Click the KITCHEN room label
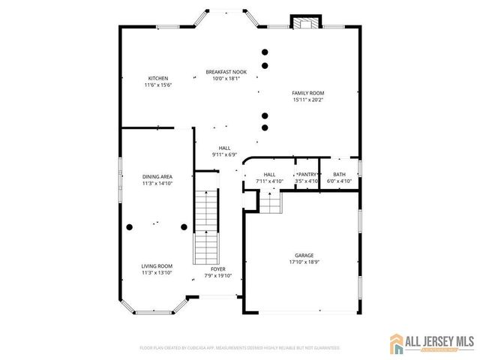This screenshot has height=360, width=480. point(157,78)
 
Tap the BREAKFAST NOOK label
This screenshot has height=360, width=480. point(226,72)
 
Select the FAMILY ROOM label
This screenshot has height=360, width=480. point(308,93)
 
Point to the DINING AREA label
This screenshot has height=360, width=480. point(157,176)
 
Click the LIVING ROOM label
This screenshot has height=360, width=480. point(157,266)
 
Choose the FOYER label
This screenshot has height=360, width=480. point(218,268)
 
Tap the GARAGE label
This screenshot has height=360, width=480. point(304,255)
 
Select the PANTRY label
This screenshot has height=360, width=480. point(307,174)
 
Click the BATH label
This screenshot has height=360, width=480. point(340,174)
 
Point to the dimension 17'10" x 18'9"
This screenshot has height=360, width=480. point(304,262)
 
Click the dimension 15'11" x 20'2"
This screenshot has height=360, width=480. point(308,100)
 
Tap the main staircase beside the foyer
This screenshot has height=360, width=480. point(205,225)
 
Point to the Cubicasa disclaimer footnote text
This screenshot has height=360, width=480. point(240,348)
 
